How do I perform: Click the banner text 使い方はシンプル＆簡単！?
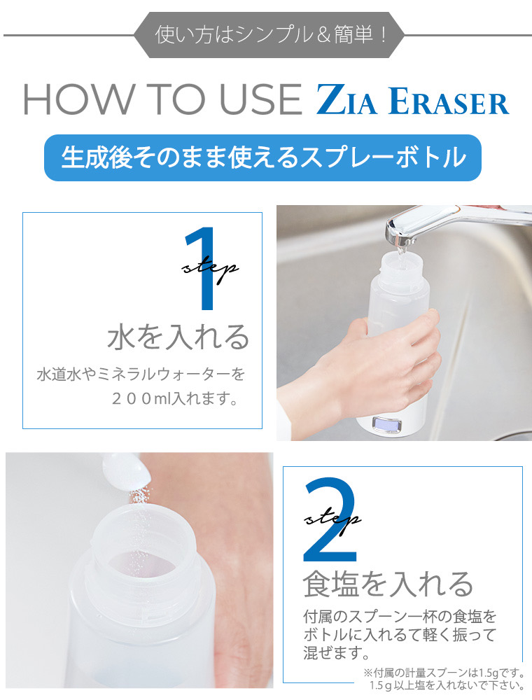tap(270, 34)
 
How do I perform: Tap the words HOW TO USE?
tap(162, 100)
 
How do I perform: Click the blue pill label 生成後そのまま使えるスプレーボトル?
tap(263, 157)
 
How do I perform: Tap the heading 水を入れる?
tap(178, 337)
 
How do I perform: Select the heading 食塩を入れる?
tap(388, 582)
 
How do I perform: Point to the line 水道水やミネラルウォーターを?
tap(141, 374)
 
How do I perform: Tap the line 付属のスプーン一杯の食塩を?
tap(400, 617)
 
